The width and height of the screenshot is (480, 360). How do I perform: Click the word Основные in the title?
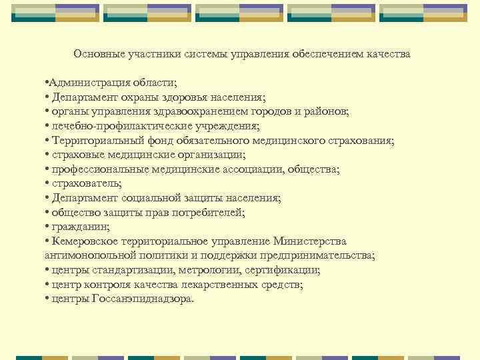(95, 53)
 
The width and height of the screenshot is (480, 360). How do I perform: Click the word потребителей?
(211, 213)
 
